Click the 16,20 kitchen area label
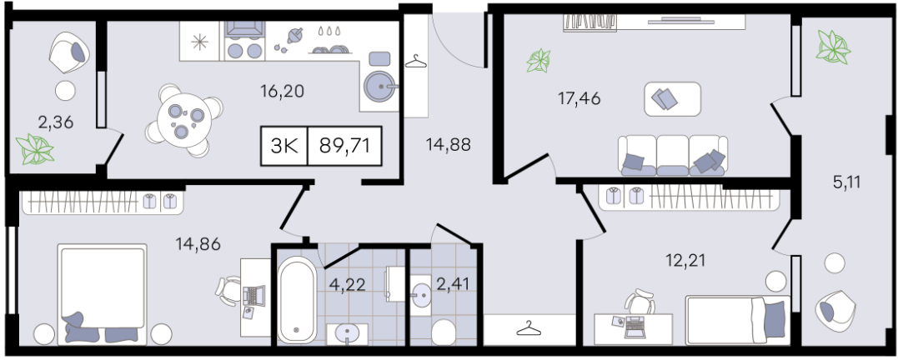(281, 91)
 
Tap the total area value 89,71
(344, 146)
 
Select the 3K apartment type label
(284, 146)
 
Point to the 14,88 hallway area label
(448, 145)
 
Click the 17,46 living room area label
(579, 99)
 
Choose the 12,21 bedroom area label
(685, 260)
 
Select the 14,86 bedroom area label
(198, 244)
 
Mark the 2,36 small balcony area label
(56, 122)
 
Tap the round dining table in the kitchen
(184, 120)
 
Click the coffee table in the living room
(672, 99)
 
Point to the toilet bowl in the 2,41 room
(442, 332)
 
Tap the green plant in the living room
(539, 61)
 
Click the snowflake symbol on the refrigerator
(199, 41)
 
